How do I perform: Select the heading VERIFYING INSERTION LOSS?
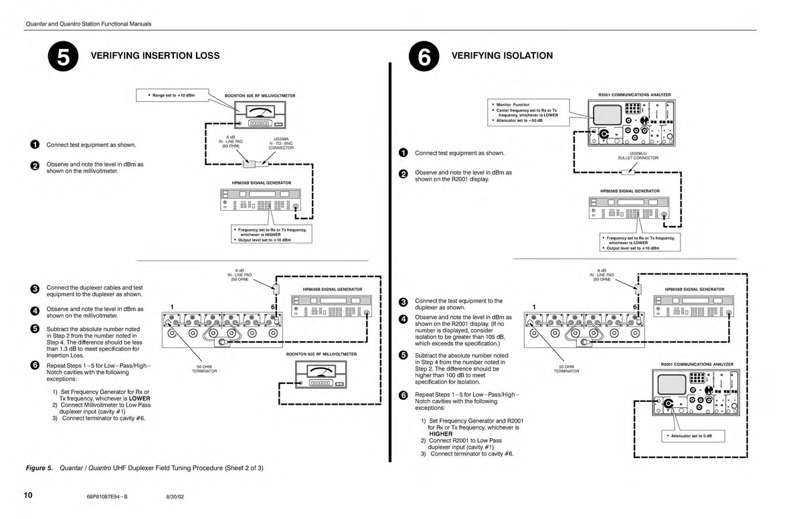(155, 56)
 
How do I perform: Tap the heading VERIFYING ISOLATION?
(503, 56)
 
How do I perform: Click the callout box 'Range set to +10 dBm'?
(173, 96)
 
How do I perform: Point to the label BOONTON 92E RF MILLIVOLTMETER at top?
(260, 96)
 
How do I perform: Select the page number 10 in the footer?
(27, 496)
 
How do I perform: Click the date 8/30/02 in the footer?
(175, 497)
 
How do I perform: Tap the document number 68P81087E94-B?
(107, 497)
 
